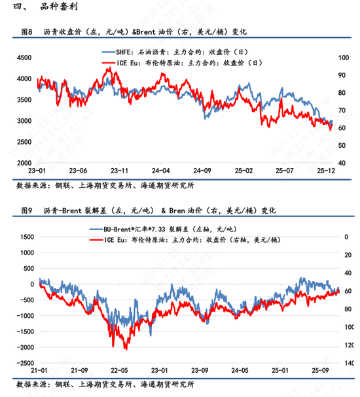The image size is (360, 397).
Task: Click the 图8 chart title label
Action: click(x=27, y=31)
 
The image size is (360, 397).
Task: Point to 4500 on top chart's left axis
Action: click(x=24, y=58)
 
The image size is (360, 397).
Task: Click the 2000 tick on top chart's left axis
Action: click(x=24, y=162)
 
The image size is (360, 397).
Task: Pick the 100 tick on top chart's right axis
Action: click(x=342, y=58)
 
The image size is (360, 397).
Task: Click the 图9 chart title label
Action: click(x=27, y=211)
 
